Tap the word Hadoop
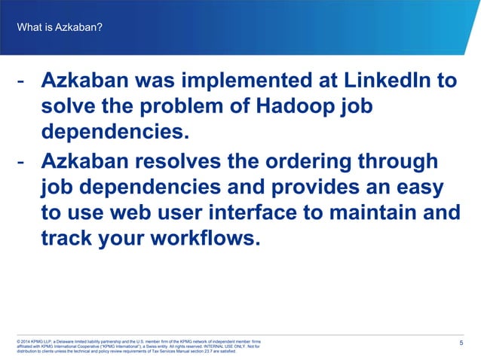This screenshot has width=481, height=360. coord(299,107)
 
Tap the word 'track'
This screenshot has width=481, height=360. coord(66,240)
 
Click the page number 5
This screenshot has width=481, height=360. coord(461,343)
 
